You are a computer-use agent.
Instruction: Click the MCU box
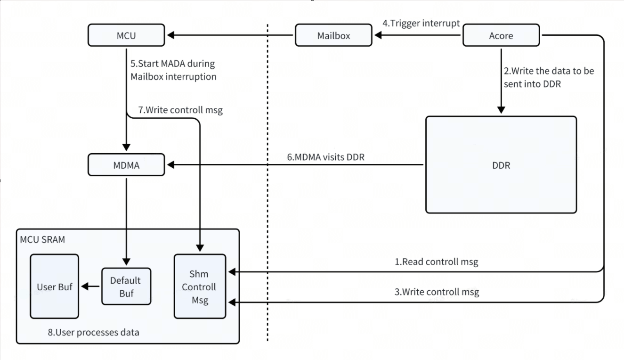[x=126, y=35]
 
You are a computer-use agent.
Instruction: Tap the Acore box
[x=501, y=35]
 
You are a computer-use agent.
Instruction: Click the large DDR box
[x=501, y=165]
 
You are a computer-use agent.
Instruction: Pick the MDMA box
[x=126, y=165]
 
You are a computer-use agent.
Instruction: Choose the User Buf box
[x=55, y=286]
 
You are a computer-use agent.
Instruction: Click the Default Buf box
[x=126, y=286]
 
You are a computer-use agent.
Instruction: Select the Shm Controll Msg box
[x=199, y=286]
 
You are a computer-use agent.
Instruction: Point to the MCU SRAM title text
[x=42, y=239]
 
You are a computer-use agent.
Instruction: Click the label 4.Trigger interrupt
[x=421, y=23]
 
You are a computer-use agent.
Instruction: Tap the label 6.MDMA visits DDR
[x=326, y=157]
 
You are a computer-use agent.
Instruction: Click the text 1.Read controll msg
[x=436, y=262]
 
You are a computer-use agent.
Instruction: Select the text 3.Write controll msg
[x=437, y=292]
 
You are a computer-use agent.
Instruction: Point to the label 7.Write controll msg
[x=180, y=110]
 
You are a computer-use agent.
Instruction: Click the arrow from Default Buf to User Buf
[x=90, y=286]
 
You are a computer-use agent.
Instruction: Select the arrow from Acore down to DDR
[x=501, y=80]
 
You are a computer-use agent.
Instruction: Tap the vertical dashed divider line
[x=267, y=188]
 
